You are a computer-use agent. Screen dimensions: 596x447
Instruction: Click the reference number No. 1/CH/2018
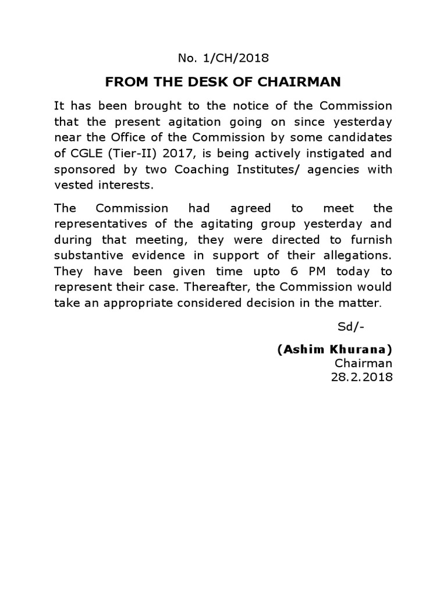click(223, 58)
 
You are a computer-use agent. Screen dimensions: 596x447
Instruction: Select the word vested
click(71, 185)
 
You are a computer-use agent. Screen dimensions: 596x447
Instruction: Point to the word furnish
click(370, 240)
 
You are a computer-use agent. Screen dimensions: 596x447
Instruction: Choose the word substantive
click(89, 256)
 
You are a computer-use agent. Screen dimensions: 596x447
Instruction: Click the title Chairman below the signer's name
click(363, 363)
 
